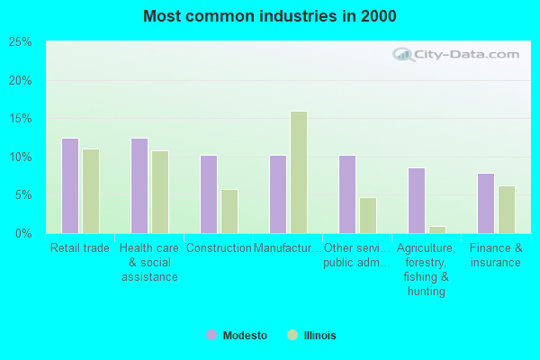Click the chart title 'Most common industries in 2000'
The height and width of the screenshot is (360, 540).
(x=269, y=16)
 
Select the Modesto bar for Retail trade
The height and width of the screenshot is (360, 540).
(x=69, y=185)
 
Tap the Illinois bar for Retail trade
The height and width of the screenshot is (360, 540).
(x=91, y=191)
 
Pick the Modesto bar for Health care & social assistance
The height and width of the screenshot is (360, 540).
(x=139, y=185)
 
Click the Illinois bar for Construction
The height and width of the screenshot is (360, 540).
(x=229, y=211)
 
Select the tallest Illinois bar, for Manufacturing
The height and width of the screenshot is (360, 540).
(x=299, y=172)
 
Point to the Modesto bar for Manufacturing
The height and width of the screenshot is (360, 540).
(x=277, y=193)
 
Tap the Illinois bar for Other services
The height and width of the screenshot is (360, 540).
(x=368, y=215)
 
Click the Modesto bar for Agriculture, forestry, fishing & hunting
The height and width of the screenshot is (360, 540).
(x=416, y=200)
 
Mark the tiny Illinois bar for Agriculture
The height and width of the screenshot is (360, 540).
(x=437, y=229)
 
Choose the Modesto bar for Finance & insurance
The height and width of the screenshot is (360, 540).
(x=485, y=202)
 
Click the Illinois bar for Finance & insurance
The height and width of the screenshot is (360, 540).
(x=507, y=209)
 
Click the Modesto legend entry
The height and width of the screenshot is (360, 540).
(x=237, y=335)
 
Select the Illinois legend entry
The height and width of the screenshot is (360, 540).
(x=311, y=335)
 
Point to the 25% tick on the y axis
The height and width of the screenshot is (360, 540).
(x=20, y=42)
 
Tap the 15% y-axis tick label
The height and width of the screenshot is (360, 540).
(x=20, y=119)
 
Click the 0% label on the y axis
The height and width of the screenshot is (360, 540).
(x=23, y=234)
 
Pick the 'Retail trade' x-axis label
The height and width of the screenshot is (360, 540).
(x=80, y=248)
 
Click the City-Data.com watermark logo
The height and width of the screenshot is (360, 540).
(x=457, y=54)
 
